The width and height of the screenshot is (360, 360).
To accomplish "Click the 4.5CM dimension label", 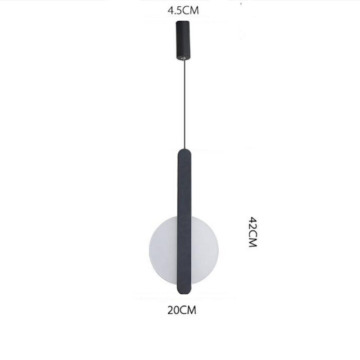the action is (x=183, y=11).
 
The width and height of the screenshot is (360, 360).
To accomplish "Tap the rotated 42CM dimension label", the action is (x=253, y=232).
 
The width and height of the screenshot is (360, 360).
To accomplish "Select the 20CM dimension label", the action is (x=182, y=310).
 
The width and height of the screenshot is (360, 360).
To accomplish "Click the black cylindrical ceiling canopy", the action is (x=183, y=40).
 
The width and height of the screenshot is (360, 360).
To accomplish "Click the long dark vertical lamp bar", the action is (x=184, y=221).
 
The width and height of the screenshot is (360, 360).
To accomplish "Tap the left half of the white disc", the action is (x=163, y=250).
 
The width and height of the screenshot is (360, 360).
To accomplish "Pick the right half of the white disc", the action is (x=205, y=250).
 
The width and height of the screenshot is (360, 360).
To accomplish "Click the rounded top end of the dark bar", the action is (x=184, y=152).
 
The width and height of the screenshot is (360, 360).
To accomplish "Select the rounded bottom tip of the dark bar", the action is (x=184, y=292).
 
